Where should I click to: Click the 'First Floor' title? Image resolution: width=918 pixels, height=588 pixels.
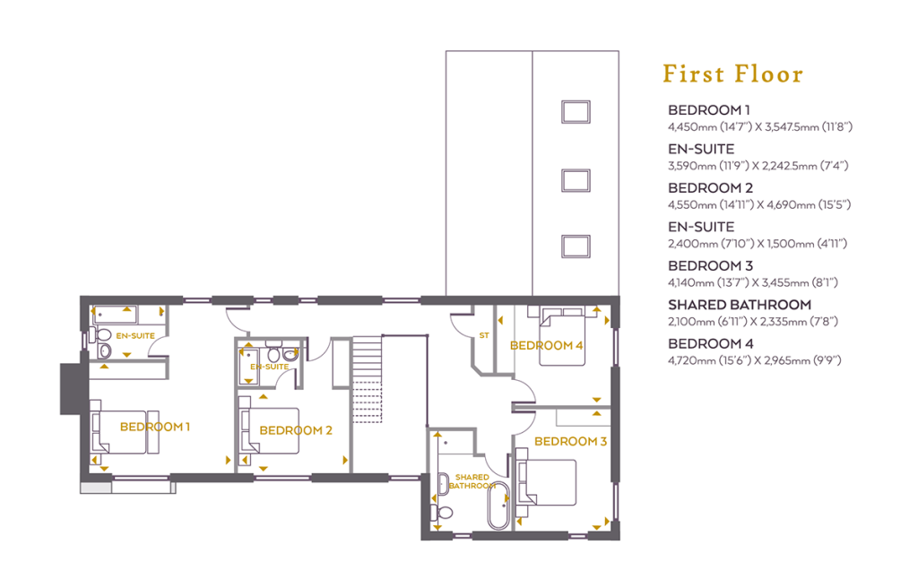(732, 73)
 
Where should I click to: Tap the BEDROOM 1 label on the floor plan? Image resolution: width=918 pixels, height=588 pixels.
(154, 427)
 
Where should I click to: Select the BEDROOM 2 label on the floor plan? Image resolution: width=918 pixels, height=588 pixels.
(296, 430)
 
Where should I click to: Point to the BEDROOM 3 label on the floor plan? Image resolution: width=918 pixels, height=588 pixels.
(570, 441)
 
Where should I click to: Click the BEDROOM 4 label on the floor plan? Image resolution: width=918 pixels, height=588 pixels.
(546, 345)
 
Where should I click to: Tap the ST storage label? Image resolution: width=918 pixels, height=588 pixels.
(483, 335)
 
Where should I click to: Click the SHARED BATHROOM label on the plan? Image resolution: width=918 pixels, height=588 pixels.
(472, 481)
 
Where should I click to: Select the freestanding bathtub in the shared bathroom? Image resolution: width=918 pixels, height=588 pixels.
(498, 506)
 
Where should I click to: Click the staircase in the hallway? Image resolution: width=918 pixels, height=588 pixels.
(367, 378)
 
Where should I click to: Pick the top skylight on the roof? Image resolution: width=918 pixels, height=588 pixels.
(576, 112)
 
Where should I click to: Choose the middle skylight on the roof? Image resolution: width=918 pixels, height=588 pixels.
(576, 180)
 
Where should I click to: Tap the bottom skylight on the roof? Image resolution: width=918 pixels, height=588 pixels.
(576, 246)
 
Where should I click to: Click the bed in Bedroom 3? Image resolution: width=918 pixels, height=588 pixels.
(545, 482)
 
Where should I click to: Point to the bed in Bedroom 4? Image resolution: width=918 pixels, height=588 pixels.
(562, 336)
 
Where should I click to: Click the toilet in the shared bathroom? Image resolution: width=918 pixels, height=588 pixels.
(442, 513)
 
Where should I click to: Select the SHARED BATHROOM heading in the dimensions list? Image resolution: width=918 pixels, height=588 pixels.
(740, 305)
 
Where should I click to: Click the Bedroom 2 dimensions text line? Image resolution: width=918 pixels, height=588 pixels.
(758, 205)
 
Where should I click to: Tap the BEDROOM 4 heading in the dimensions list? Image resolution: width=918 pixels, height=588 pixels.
(710, 344)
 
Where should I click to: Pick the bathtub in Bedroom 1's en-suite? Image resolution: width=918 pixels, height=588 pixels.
(115, 315)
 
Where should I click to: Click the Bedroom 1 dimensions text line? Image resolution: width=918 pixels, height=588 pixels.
(760, 127)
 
